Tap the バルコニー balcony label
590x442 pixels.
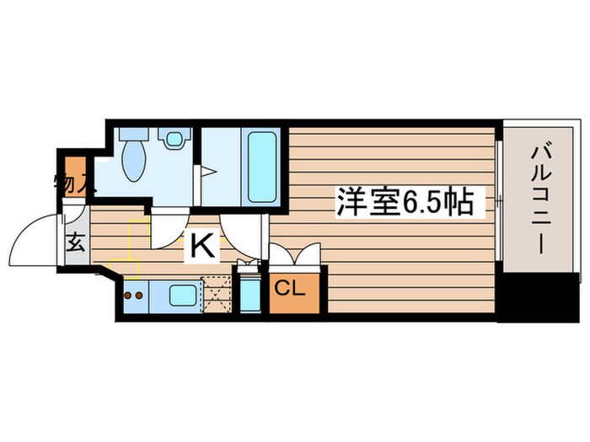point(541,202)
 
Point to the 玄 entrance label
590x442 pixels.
point(75,244)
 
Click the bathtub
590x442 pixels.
point(261,165)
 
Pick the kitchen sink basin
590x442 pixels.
point(181,295)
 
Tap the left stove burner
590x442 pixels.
point(127,296)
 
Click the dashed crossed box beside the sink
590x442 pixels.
point(216,294)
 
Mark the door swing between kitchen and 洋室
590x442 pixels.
point(249,232)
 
